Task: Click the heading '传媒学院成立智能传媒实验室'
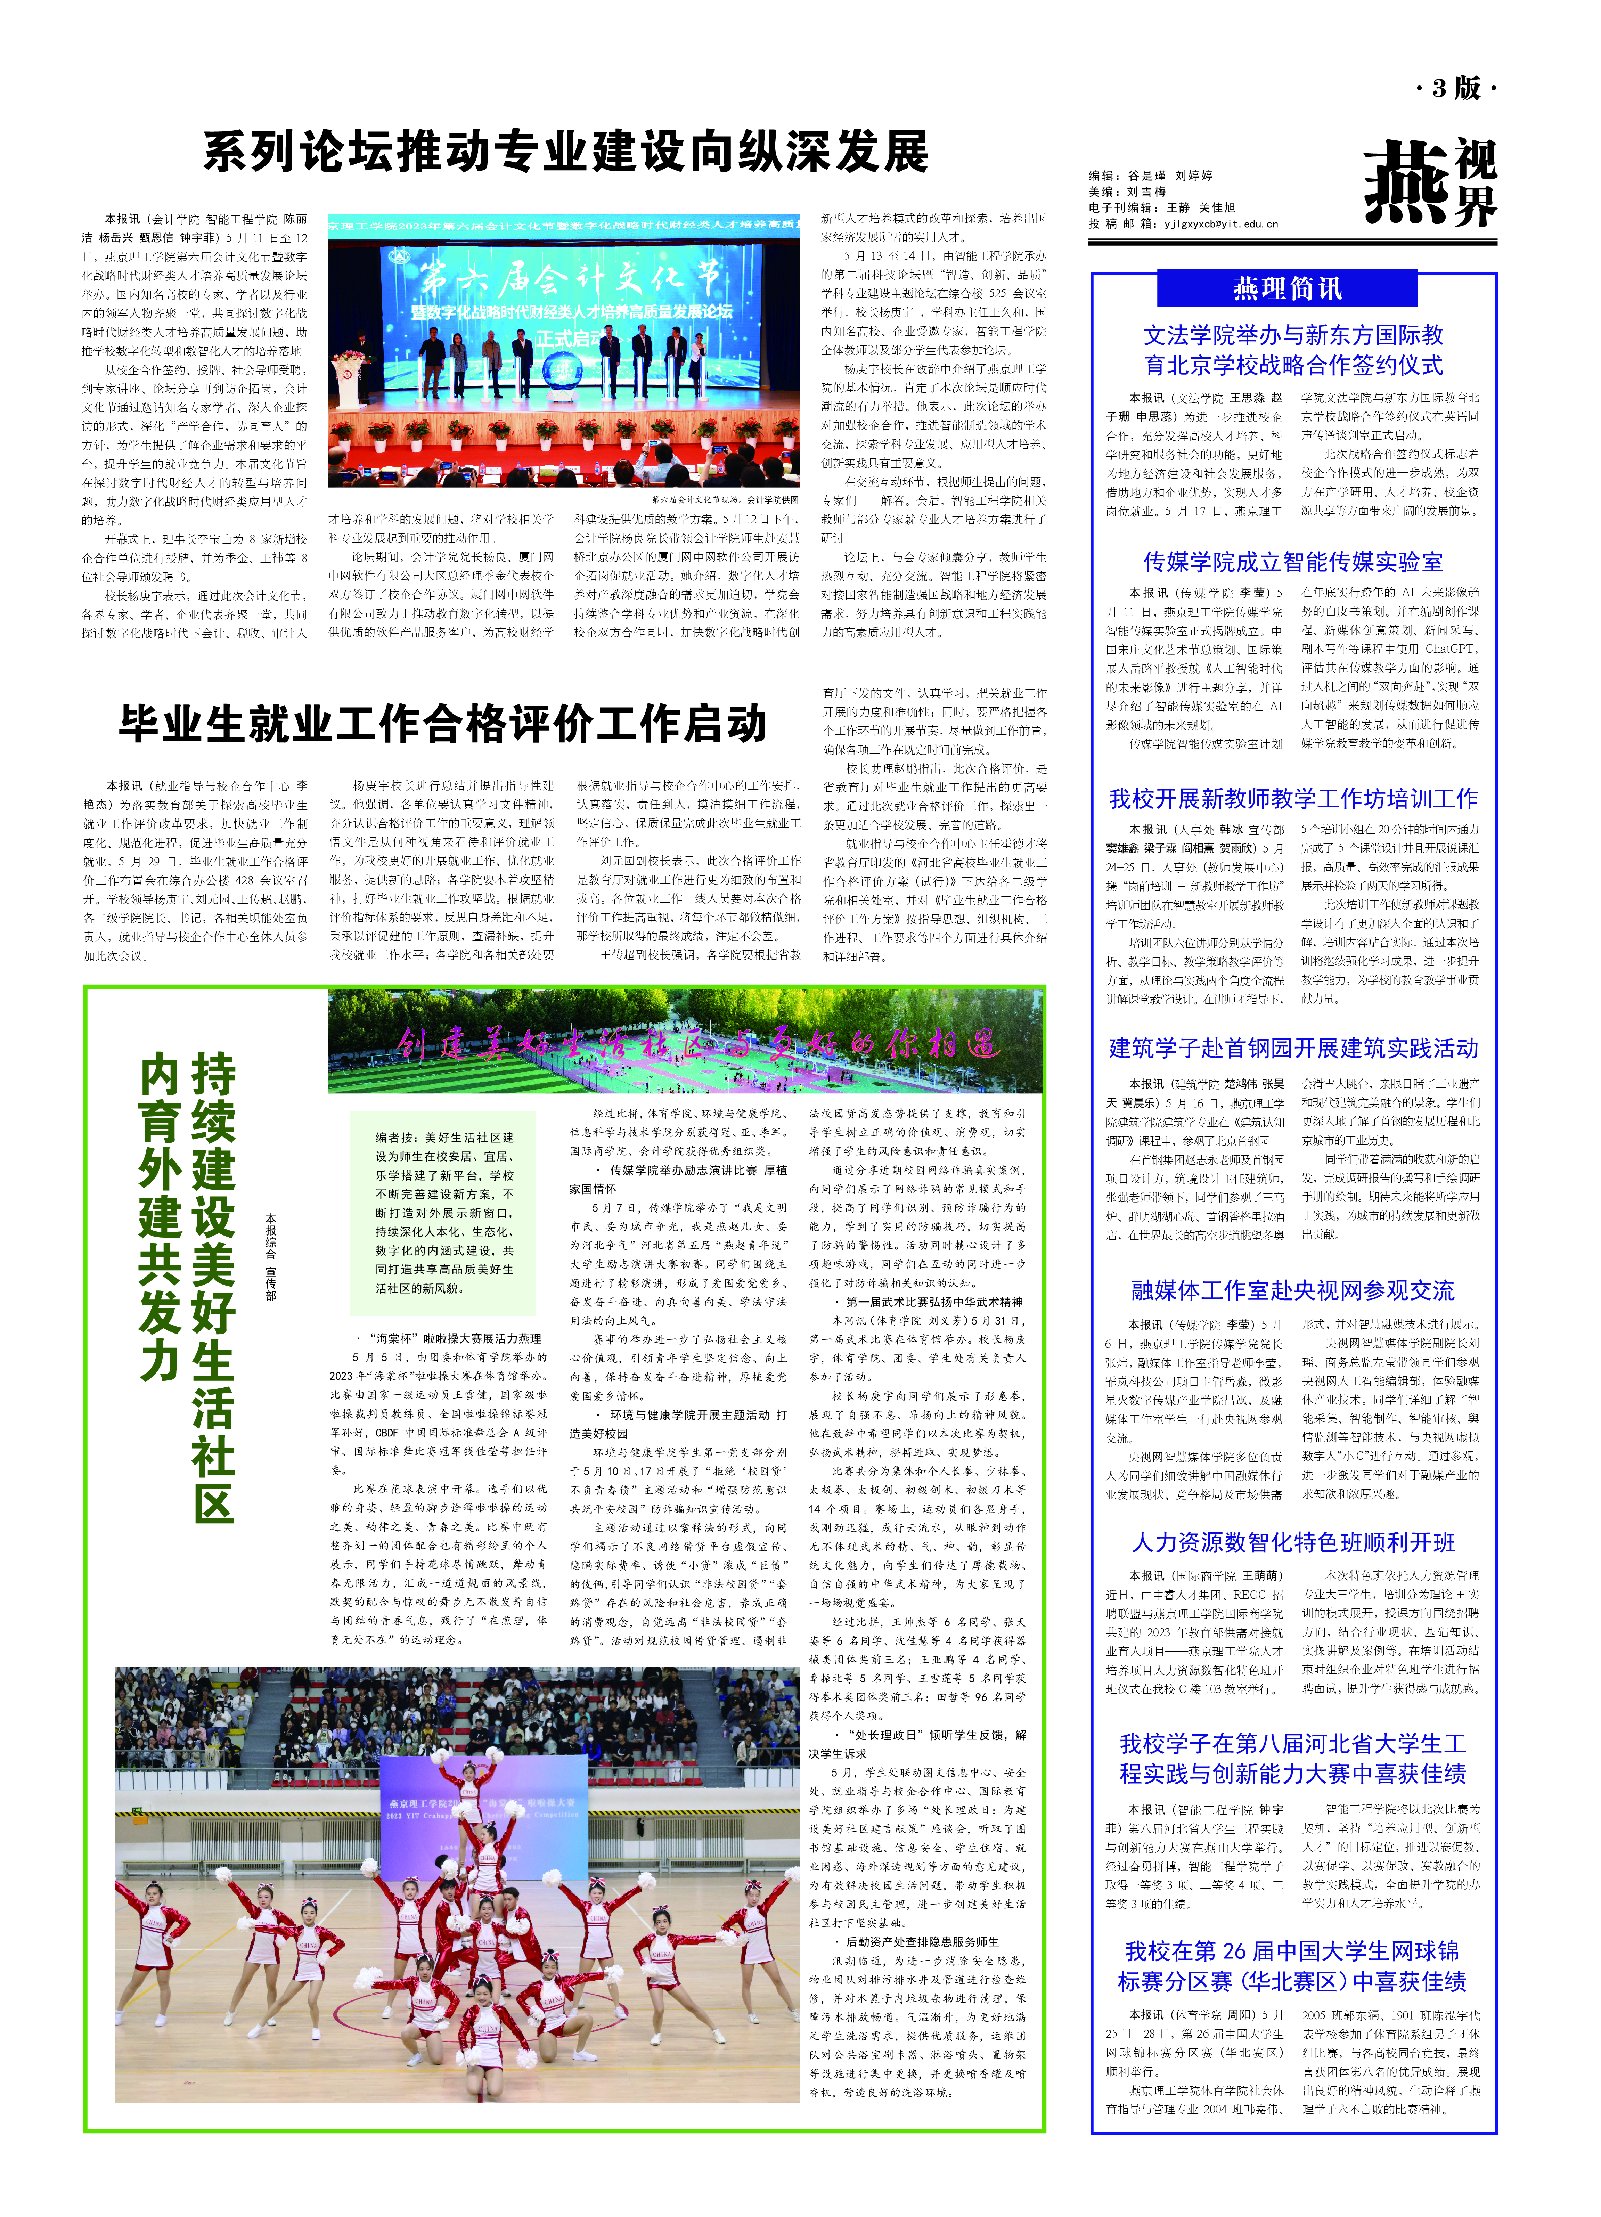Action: pyautogui.click(x=1292, y=562)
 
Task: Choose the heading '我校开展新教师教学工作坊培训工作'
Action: pyautogui.click(x=1292, y=799)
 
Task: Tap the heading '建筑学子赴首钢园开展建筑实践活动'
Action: pyautogui.click(x=1292, y=1049)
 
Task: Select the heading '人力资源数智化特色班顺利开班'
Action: pyautogui.click(x=1292, y=1542)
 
